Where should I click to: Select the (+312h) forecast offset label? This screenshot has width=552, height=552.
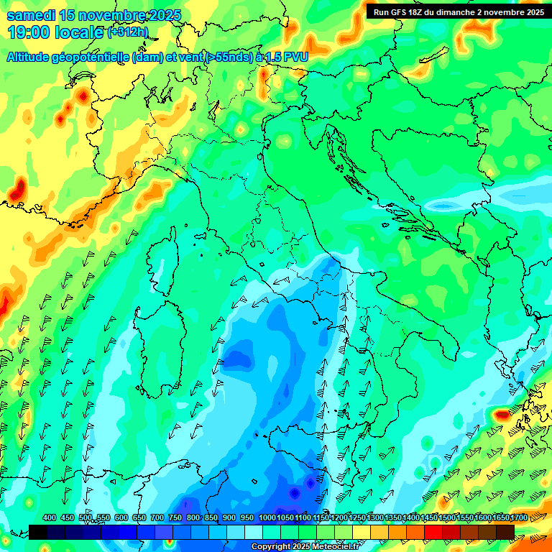point(128,32)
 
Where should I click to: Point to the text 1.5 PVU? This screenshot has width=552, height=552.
point(285,57)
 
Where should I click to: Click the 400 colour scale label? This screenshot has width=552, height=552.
point(50,517)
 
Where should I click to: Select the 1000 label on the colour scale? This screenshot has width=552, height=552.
point(267,517)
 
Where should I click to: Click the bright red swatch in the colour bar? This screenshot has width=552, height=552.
point(433,532)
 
